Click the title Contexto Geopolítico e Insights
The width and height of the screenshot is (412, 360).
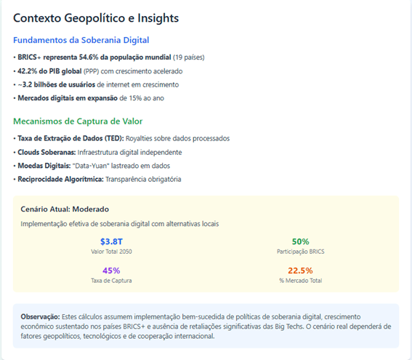96,18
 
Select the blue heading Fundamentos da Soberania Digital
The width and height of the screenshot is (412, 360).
81,40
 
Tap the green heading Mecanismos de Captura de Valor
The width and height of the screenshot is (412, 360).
78,121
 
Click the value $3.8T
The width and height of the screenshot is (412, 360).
111,241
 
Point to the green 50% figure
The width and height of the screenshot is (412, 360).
301,241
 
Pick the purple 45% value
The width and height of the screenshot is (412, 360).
111,271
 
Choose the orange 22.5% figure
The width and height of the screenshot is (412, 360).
300,271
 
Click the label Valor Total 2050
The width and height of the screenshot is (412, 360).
111,252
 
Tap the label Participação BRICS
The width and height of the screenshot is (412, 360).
301,252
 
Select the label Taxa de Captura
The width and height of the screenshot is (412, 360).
111,281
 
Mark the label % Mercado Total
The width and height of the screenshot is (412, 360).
301,281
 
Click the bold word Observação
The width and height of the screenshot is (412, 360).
41,316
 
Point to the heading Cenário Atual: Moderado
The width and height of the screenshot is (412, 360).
65,209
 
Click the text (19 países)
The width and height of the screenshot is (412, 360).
189,57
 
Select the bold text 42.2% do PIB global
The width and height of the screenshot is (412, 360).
49,71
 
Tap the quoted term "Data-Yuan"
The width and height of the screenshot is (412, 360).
91,166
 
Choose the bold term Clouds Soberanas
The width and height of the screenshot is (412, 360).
47,153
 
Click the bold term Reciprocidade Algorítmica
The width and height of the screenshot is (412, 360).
61,180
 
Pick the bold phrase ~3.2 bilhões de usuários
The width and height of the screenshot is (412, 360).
56,84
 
